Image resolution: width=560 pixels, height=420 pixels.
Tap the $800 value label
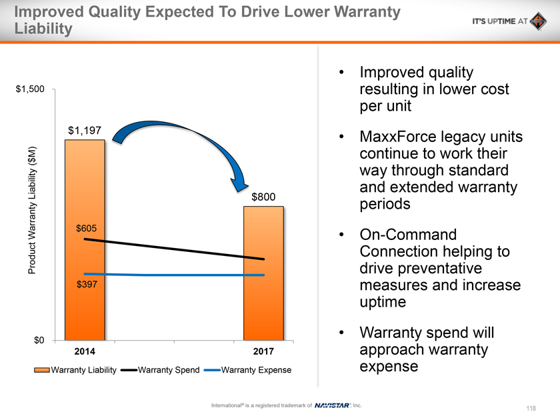[x=263, y=197]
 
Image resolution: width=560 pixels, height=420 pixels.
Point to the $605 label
[x=85, y=229]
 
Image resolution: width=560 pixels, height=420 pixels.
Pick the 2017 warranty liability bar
[x=264, y=307]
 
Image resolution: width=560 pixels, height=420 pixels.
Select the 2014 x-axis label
[x=85, y=351]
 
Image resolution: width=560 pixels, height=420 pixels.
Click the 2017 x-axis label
[x=264, y=351]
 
